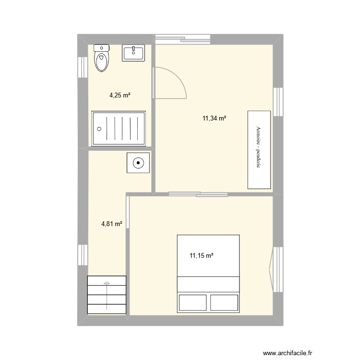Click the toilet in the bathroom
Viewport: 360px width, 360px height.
(101, 59)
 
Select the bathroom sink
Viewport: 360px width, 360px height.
(134, 53)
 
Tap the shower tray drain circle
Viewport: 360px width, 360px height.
(99, 129)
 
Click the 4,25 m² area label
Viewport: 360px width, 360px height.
(120, 95)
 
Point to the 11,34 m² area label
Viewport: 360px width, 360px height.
(214, 118)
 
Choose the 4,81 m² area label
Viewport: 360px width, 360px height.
(111, 223)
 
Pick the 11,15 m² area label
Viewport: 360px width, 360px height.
(201, 256)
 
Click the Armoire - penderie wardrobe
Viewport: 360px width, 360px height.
(259, 149)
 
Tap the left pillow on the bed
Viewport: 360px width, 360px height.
(192, 302)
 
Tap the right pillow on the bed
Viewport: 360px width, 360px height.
(224, 302)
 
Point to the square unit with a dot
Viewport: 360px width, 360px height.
(138, 163)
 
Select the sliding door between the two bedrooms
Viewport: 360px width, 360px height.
(198, 194)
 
